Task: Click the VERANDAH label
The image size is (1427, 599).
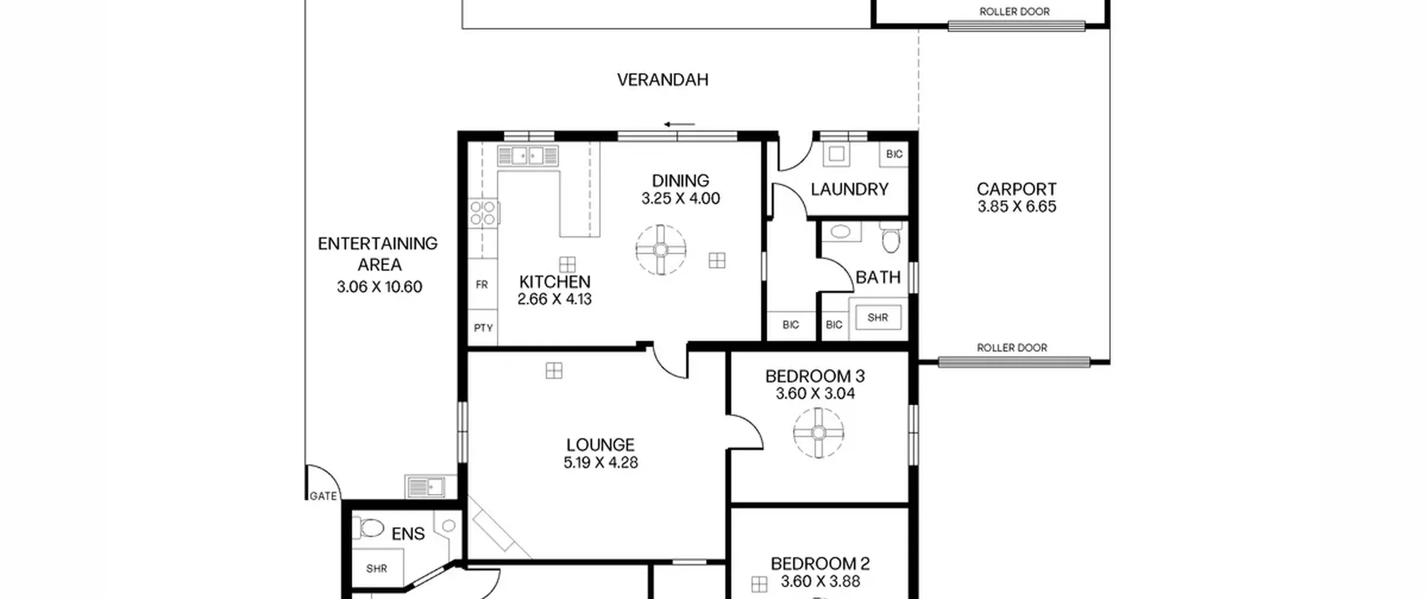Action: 663,80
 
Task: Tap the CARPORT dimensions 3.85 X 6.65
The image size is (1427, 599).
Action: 1017,207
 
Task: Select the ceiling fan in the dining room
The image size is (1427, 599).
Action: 661,250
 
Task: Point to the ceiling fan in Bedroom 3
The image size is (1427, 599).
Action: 818,433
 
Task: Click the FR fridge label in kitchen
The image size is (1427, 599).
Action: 482,285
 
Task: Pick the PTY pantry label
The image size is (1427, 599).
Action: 483,328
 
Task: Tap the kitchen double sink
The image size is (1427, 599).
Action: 527,155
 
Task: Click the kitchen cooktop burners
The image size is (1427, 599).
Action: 483,213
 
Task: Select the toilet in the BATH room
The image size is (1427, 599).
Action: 891,238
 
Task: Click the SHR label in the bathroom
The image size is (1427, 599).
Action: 877,318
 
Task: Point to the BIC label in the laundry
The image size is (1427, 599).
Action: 894,154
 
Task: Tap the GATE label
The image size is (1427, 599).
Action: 323,496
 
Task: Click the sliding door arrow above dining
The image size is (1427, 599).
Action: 679,124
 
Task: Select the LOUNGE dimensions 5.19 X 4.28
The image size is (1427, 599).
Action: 600,462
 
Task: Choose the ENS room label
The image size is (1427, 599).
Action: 408,534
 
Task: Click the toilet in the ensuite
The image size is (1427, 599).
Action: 370,527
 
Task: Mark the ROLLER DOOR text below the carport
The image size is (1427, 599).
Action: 1012,348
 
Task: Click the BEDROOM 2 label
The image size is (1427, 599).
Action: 820,563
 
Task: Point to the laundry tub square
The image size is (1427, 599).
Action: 836,154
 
